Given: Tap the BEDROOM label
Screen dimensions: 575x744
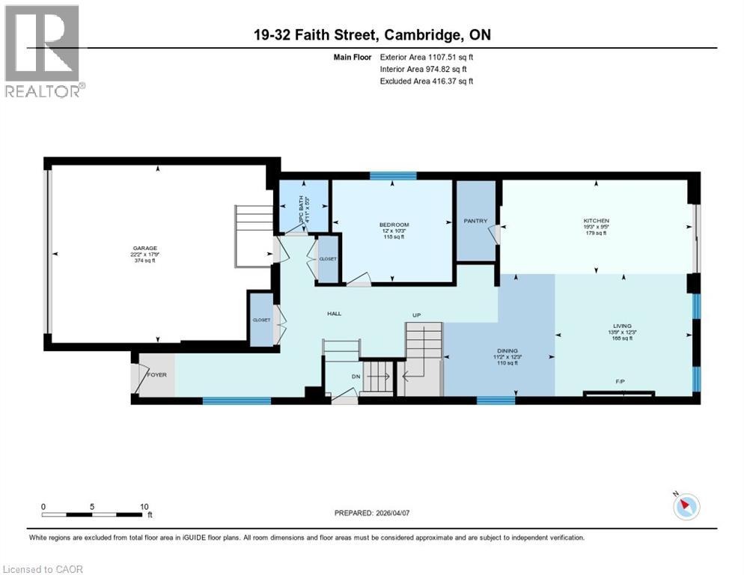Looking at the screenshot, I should [x=394, y=225].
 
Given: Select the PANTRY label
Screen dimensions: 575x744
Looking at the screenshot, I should [x=475, y=221].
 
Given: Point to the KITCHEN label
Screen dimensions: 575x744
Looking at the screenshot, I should [x=596, y=221].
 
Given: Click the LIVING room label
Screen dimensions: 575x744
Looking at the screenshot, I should [x=623, y=326].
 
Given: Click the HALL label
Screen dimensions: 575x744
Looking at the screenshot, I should [x=334, y=313].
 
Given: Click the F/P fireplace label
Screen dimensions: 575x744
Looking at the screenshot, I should [x=620, y=381].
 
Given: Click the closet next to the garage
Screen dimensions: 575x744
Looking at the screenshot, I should [x=261, y=320].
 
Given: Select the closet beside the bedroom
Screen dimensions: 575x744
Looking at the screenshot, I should [x=328, y=259].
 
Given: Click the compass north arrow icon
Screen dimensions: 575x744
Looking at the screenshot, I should [x=685, y=507].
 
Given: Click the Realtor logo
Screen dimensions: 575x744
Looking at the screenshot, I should [x=43, y=50].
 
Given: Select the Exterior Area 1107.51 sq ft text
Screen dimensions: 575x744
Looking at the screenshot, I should [x=426, y=57].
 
